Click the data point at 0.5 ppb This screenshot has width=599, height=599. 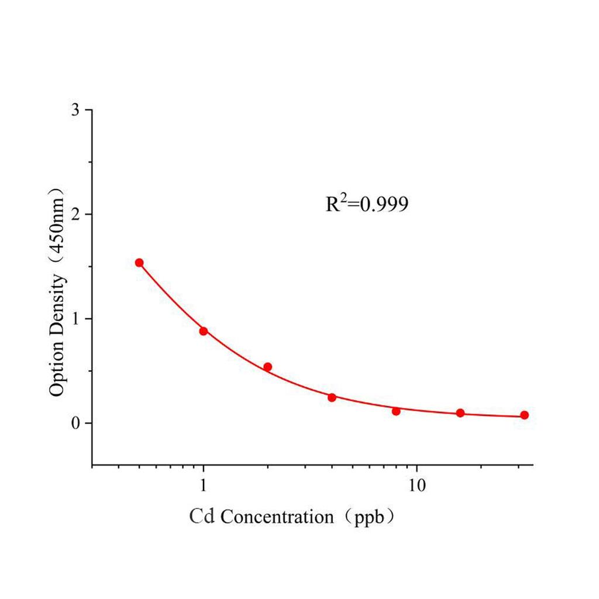pos(139,263)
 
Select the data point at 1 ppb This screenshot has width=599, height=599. pos(204,331)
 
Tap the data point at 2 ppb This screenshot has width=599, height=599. pos(267,367)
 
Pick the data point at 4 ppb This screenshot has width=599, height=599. pos(332,397)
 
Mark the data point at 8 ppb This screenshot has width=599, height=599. pos(396,411)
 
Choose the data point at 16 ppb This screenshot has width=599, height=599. pos(460,413)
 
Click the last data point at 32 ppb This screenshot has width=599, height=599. pos(524,415)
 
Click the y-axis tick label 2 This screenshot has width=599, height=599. pos(75,214)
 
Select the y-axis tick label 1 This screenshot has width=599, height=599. pos(75,319)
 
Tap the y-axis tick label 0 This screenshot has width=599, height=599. pos(75,423)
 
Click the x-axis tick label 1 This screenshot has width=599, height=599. pos(204,487)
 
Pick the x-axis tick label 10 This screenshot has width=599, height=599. pos(416,487)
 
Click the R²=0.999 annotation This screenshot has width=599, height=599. pos(366,204)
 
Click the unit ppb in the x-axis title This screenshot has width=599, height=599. pos(367,518)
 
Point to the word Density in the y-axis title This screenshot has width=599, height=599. pos(57,305)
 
